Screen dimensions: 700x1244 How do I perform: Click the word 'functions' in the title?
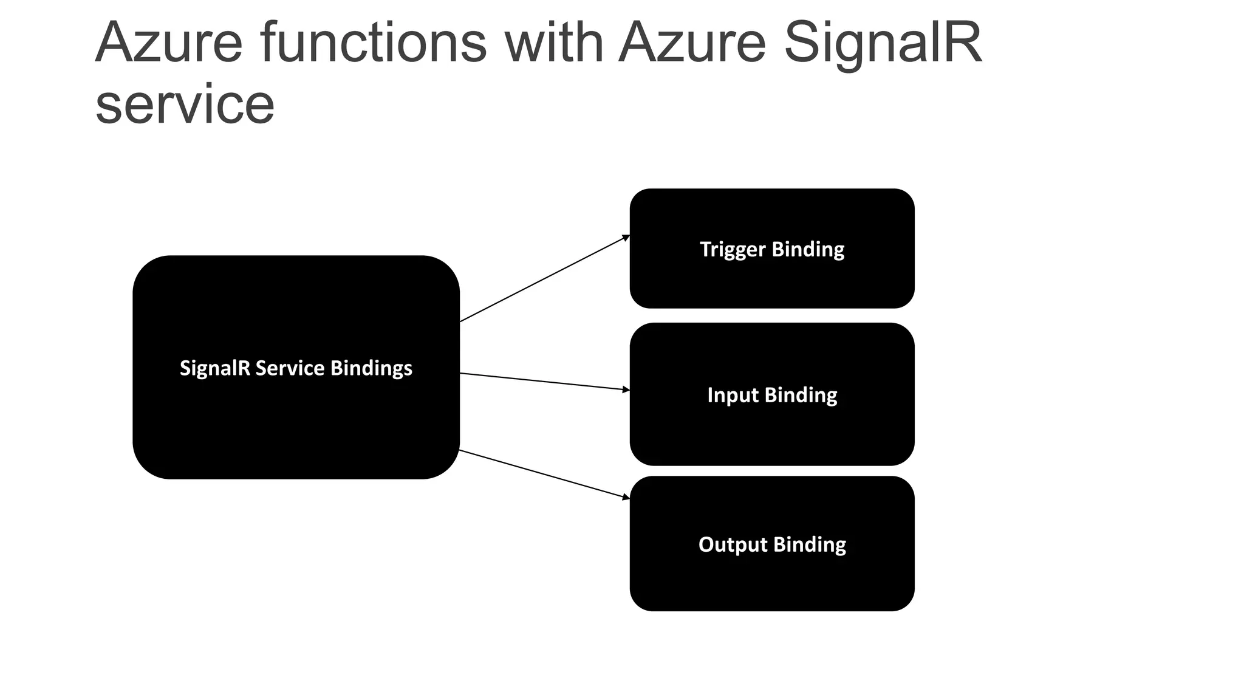[x=373, y=43]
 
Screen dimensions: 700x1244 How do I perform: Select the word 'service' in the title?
[x=185, y=105]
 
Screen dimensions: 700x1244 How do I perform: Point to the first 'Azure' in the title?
[x=169, y=43]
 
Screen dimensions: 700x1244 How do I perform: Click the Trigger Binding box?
[x=771, y=280]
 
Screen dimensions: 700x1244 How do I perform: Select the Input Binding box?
[x=771, y=431]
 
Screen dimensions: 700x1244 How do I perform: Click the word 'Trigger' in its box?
[x=732, y=249]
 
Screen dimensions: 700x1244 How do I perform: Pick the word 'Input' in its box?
[x=733, y=396]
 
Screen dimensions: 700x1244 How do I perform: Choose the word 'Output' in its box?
[x=733, y=544]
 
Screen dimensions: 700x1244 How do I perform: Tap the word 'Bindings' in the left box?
[x=371, y=368]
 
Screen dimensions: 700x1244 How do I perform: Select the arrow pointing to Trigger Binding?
[x=544, y=279]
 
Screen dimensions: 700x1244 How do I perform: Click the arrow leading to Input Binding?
[x=544, y=382]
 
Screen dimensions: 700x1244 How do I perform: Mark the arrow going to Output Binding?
[x=544, y=474]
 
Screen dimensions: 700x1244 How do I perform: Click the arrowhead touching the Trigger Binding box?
[x=626, y=238]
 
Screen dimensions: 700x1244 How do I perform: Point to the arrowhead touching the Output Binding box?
[x=626, y=497]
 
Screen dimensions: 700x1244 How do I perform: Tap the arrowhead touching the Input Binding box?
[x=626, y=389]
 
